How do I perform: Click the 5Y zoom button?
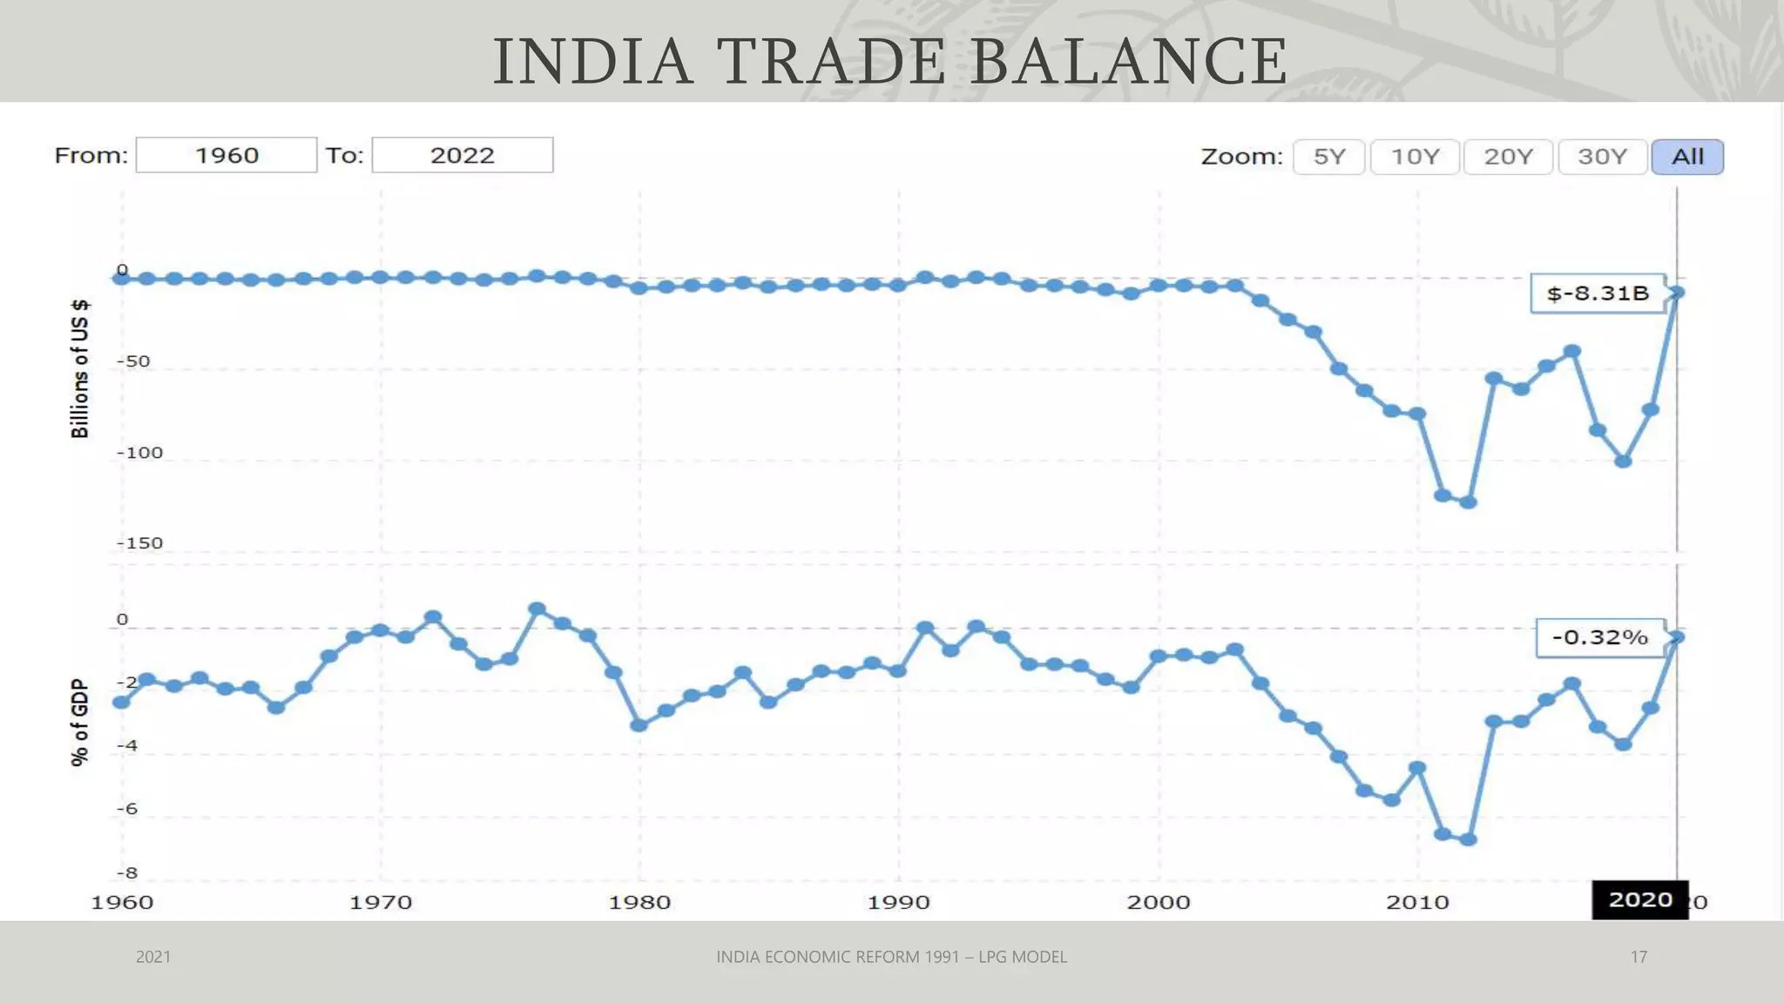pos(1328,157)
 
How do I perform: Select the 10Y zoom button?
pos(1414,157)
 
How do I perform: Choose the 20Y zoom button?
pos(1508,157)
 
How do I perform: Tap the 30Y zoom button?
pos(1602,157)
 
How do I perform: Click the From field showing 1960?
pos(226,155)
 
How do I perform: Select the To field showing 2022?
pos(462,155)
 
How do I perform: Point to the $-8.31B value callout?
pos(1598,293)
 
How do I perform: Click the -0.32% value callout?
pos(1600,637)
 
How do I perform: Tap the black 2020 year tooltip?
pos(1639,899)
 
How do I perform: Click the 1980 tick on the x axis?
pos(639,902)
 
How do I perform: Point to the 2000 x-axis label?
pos(1158,902)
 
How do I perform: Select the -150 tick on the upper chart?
pos(139,543)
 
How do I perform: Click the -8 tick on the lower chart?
pos(127,872)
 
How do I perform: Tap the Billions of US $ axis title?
pos(79,368)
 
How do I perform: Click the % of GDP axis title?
pos(79,723)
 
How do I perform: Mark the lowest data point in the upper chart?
pos(1468,502)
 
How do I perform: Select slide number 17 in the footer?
pos(1639,957)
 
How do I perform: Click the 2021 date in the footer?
pos(153,957)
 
